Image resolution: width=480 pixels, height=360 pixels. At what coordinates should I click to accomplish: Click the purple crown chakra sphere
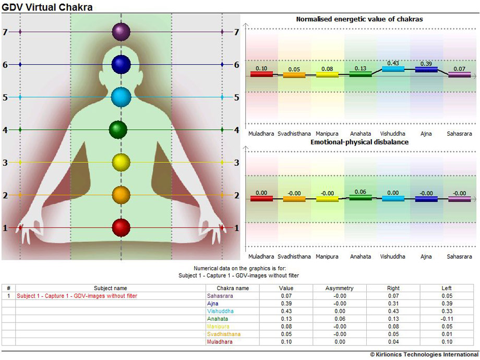coord(121,32)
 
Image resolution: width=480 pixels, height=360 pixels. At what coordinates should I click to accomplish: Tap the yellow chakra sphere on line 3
coord(121,162)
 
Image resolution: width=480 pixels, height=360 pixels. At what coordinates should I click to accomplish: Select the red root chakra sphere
coord(121,227)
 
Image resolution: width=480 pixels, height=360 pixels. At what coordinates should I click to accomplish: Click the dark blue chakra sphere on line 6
coord(121,64)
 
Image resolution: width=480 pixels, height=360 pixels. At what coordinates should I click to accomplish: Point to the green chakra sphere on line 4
coord(118,129)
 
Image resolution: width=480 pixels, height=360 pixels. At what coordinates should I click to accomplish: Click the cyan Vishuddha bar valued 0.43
coord(393,69)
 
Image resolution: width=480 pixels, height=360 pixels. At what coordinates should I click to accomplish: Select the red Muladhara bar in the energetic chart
coord(261,74)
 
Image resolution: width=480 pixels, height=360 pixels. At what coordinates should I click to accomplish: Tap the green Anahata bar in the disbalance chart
coord(360,197)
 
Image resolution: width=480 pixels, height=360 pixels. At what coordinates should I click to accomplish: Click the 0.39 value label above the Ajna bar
coord(426,63)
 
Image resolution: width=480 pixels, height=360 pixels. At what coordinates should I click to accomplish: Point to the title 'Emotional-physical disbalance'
coord(359,142)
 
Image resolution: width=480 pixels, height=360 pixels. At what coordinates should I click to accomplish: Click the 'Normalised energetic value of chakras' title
coord(359,19)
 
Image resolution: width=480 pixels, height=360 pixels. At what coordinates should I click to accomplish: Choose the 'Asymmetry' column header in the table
coord(339,288)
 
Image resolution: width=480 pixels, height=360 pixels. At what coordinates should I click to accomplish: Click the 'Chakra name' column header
coord(233,288)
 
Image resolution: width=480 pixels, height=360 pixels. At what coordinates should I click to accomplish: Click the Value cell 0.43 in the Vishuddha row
coord(286,311)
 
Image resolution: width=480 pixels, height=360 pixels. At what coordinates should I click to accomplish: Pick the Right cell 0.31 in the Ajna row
coord(393,303)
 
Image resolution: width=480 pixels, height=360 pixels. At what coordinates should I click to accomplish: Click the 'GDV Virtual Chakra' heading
coord(47,7)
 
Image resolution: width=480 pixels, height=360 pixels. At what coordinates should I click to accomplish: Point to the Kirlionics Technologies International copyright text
coord(424,355)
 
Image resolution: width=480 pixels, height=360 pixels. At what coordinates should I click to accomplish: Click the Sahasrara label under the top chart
coord(459,134)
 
